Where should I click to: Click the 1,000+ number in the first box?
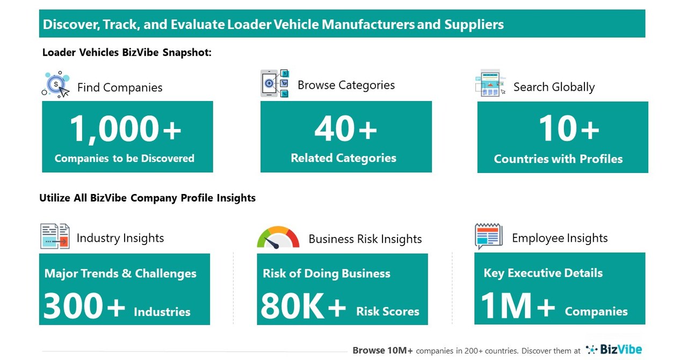pyautogui.click(x=126, y=129)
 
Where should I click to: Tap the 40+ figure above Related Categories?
pyautogui.click(x=345, y=129)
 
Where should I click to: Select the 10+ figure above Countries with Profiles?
pyautogui.click(x=569, y=129)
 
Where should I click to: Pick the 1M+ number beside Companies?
pyautogui.click(x=518, y=306)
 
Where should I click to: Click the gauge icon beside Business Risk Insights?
pyautogui.click(x=278, y=237)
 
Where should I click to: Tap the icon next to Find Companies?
pyautogui.click(x=56, y=85)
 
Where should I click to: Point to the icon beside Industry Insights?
pyautogui.click(x=55, y=236)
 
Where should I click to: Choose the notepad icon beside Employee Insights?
pyautogui.click(x=488, y=236)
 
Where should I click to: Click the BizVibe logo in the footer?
pyautogui.click(x=614, y=350)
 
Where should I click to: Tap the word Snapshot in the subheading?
pyautogui.click(x=186, y=53)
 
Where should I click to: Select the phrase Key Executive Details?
pyautogui.click(x=543, y=273)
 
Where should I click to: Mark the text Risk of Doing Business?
pyautogui.click(x=326, y=273)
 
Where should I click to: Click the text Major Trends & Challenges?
pyautogui.click(x=120, y=273)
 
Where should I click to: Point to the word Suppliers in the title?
pyautogui.click(x=474, y=24)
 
